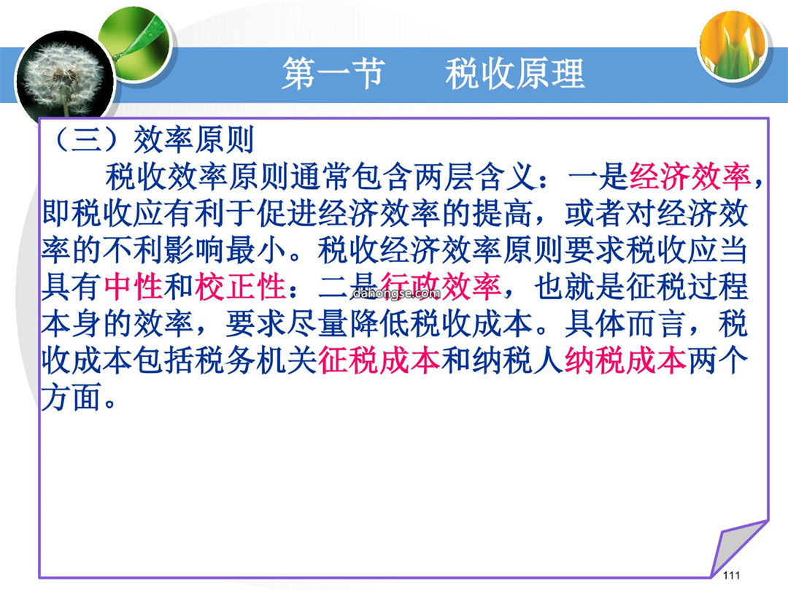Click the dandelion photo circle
click(x=64, y=79)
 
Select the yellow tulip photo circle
click(x=733, y=45)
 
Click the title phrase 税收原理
click(x=515, y=74)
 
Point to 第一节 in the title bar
click(x=333, y=74)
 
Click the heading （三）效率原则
click(x=154, y=139)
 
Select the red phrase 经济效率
click(x=689, y=177)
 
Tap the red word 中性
click(x=134, y=286)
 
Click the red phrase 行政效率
click(x=440, y=286)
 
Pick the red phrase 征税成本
click(x=379, y=360)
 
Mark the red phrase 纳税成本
click(x=625, y=360)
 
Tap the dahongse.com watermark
click(x=397, y=293)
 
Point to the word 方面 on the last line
click(x=72, y=397)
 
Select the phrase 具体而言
click(x=625, y=323)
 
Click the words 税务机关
click(x=256, y=360)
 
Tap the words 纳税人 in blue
click(x=517, y=360)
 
